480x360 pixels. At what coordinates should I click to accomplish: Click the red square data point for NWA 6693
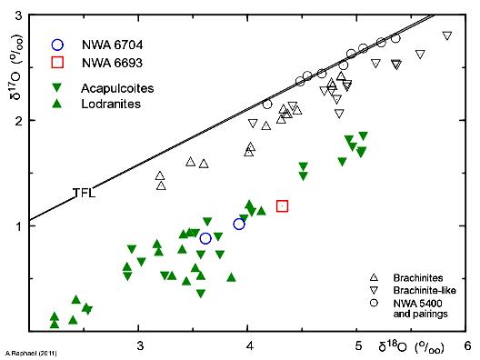(x=282, y=206)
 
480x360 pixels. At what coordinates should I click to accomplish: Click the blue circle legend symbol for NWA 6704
(x=58, y=44)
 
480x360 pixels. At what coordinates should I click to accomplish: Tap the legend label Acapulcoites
(x=115, y=88)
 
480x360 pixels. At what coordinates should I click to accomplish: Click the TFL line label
(x=85, y=193)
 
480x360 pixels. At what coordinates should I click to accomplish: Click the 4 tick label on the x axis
(x=249, y=345)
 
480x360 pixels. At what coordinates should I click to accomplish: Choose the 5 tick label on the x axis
(x=358, y=345)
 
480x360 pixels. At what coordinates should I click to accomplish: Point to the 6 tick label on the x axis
(x=467, y=345)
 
